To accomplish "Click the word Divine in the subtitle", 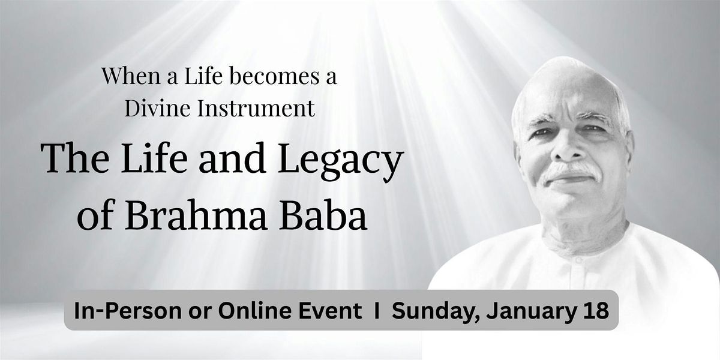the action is pos(157,109).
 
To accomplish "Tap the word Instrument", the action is pos(256,109).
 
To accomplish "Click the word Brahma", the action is pos(197,214).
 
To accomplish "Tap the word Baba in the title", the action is pos(323,214).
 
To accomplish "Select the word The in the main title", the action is pos(75,158).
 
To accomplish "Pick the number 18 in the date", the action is pos(598,311).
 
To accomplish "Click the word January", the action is pos(533,311).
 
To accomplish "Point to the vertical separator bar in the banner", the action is pos(377,310).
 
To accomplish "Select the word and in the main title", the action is pos(232,158).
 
